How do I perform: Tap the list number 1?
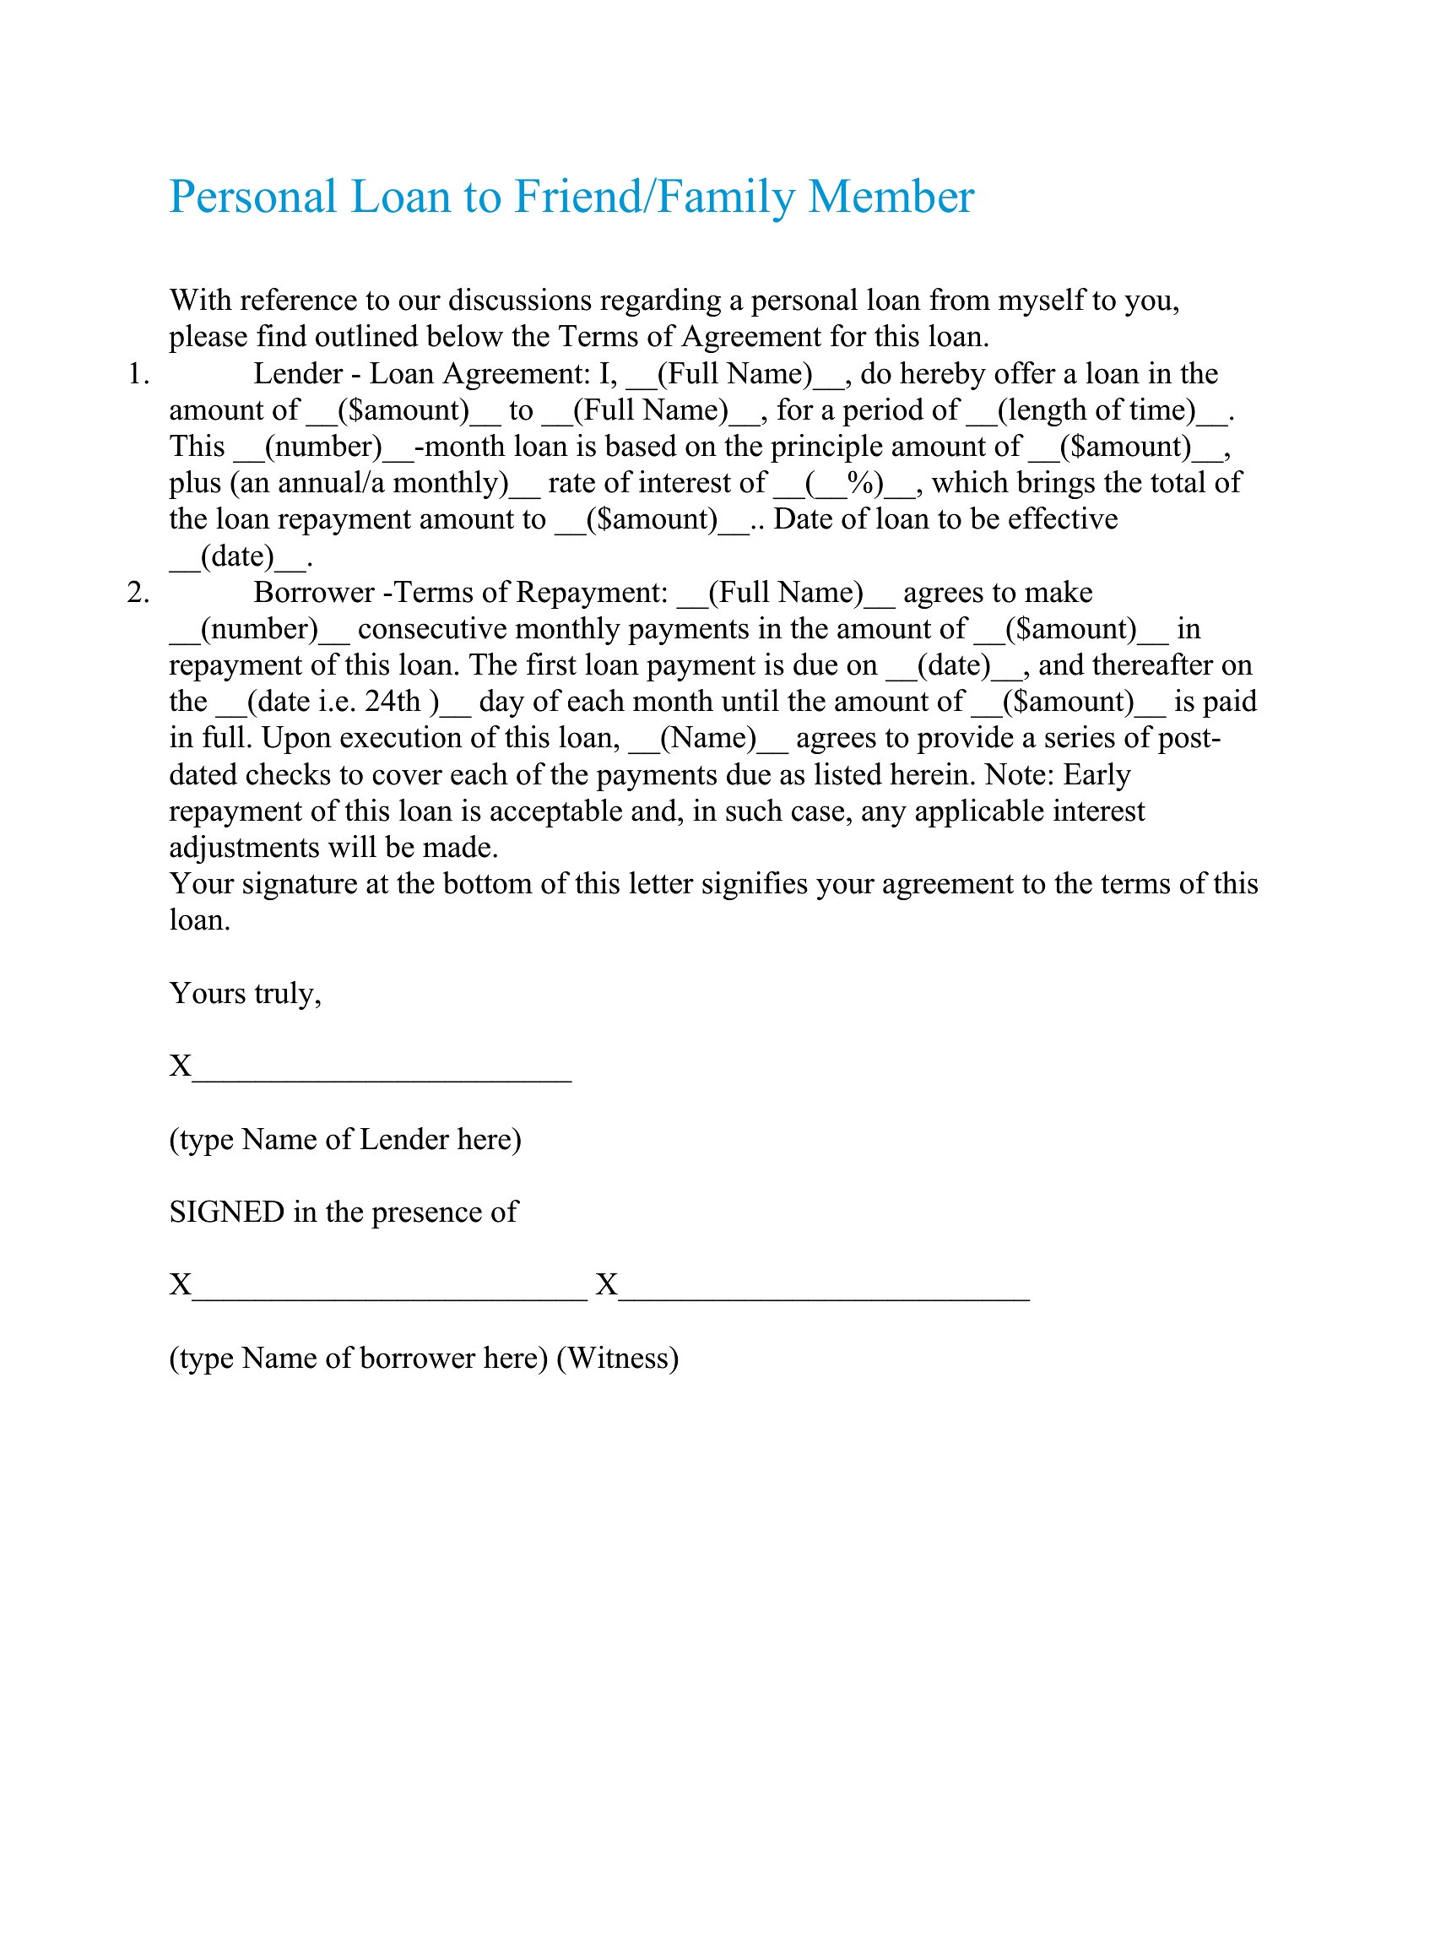pyautogui.click(x=138, y=374)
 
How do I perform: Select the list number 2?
pyautogui.click(x=138, y=593)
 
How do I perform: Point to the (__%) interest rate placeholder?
pyautogui.click(x=845, y=483)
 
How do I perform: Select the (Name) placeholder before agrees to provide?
pyautogui.click(x=708, y=738)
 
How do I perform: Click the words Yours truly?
pyautogui.click(x=245, y=993)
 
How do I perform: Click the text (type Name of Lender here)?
pyautogui.click(x=345, y=1139)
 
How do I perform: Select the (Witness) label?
pyautogui.click(x=617, y=1358)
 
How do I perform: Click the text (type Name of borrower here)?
pyautogui.click(x=358, y=1358)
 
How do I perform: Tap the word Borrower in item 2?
pyautogui.click(x=313, y=593)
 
